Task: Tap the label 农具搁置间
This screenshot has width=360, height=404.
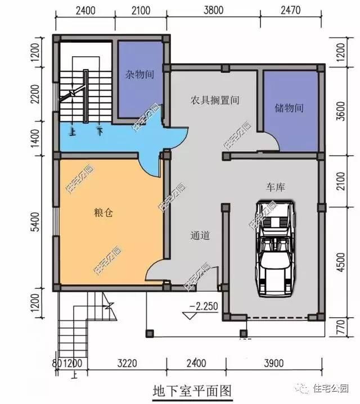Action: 214,101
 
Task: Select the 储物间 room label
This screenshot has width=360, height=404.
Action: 289,107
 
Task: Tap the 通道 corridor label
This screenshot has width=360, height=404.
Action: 200,236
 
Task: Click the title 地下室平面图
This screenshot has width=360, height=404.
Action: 192,389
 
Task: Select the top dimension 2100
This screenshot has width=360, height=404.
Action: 142,10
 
